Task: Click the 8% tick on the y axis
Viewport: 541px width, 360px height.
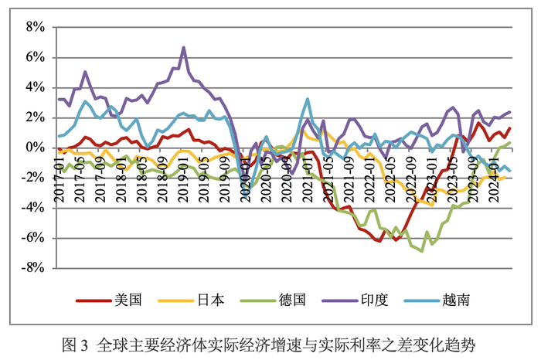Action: tap(36, 27)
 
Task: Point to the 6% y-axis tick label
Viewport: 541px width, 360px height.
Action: tap(36, 57)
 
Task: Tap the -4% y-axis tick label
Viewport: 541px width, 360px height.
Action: tap(33, 208)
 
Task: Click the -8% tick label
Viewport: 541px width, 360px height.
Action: tap(33, 268)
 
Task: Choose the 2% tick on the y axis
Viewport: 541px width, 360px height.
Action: tap(36, 117)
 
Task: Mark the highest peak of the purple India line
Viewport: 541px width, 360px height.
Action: tap(184, 47)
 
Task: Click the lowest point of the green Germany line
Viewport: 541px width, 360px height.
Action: tap(422, 251)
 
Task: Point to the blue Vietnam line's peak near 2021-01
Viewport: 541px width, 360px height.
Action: tap(308, 99)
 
